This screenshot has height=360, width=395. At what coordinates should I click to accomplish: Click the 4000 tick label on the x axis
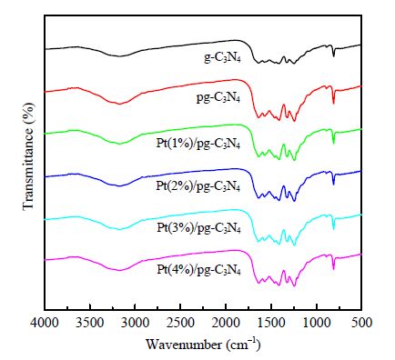(x=45, y=323)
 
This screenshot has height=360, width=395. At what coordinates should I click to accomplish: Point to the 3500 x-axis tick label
(x=90, y=323)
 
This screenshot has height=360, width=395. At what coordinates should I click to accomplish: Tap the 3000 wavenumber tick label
(x=136, y=323)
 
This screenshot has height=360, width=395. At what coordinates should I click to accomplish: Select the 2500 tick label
(x=180, y=323)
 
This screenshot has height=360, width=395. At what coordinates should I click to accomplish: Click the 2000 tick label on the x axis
(x=226, y=323)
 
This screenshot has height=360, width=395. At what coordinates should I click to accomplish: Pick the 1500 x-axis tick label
(x=271, y=323)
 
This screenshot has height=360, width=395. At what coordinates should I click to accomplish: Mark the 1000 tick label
(x=317, y=323)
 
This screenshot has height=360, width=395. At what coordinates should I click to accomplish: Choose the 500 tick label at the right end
(x=361, y=323)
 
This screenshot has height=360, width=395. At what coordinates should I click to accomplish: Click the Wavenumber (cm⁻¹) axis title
(x=203, y=345)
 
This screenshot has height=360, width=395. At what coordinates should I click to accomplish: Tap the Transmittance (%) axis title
(x=29, y=155)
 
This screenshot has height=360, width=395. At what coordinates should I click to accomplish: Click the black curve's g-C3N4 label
(x=222, y=58)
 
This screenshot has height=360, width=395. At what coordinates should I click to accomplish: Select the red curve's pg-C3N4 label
(x=218, y=98)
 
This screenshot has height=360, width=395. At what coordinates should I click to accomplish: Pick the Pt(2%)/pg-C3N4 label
(x=198, y=185)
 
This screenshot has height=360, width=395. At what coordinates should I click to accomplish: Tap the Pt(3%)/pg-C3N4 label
(x=199, y=227)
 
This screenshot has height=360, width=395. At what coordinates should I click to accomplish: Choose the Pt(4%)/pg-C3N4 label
(x=199, y=269)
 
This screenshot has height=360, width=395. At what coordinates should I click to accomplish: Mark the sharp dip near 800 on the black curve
(x=334, y=55)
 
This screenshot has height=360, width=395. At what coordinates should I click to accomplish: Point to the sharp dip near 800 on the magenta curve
(x=334, y=268)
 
